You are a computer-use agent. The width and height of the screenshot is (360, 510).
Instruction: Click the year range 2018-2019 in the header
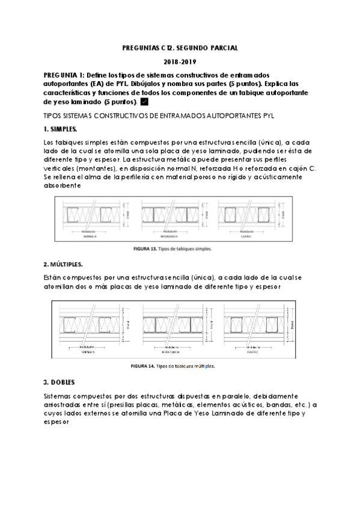click(180, 61)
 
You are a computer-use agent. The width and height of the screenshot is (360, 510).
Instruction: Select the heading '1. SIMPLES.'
click(60, 129)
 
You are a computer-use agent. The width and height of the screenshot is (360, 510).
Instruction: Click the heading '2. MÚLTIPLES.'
click(63, 264)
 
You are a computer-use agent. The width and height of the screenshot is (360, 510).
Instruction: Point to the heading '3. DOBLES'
click(59, 382)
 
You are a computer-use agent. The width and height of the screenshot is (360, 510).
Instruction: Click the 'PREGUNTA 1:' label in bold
click(64, 74)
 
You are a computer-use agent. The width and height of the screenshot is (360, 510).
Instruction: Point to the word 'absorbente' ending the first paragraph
click(62, 186)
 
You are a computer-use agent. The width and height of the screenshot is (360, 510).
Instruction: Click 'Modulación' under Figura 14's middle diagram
click(163, 348)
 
